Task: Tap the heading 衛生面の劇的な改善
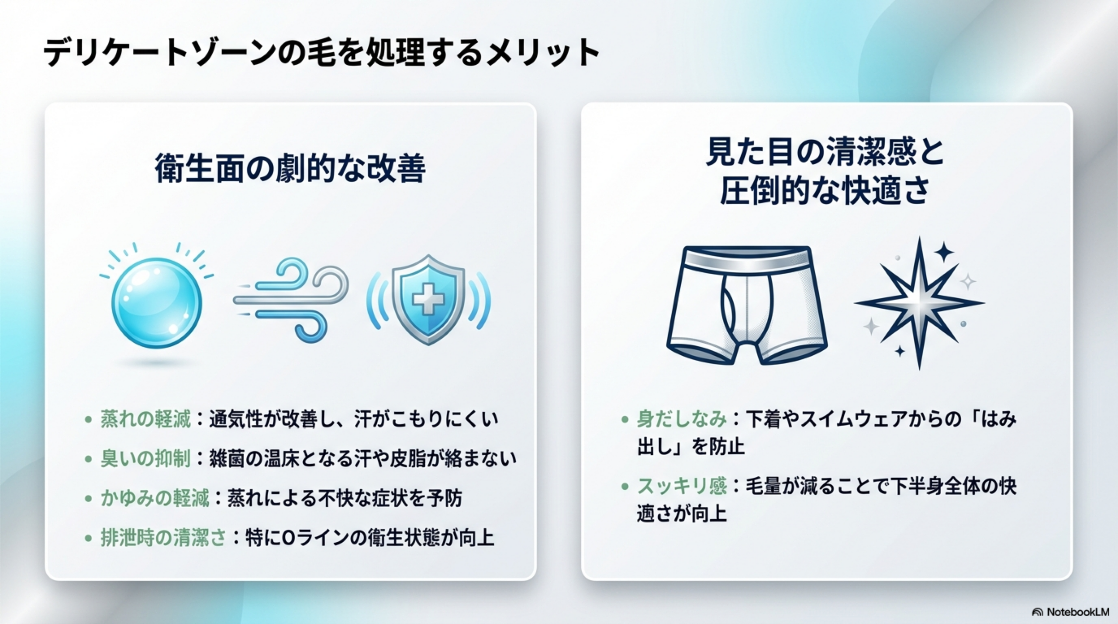[x=290, y=169]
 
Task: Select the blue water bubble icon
[x=157, y=303]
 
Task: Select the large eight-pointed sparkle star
[x=919, y=303]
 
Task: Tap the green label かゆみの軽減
[x=155, y=498]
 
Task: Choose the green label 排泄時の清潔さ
[x=164, y=538]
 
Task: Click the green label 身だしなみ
[x=682, y=419]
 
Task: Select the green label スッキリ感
[x=682, y=486]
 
